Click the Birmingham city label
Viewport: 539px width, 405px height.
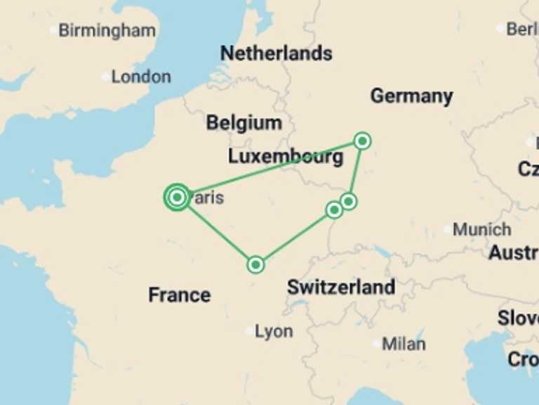pos(107,30)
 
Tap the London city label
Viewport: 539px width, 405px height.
pos(140,77)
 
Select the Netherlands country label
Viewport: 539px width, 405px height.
pos(276,53)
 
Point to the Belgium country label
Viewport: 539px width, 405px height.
pos(244,123)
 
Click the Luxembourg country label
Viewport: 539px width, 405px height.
pos(286,156)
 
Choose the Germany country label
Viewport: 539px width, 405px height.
pos(411,96)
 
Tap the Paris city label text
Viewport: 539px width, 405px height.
pos(208,198)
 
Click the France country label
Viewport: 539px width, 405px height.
pos(179,295)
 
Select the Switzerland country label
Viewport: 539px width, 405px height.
pos(340,287)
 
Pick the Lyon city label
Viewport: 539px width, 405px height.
pos(274,331)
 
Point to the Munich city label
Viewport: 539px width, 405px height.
pos(481,229)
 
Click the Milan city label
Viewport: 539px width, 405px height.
pos(404,344)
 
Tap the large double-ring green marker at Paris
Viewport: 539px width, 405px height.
pos(177,198)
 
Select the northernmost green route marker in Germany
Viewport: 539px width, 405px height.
pos(362,141)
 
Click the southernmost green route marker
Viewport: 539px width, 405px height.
pos(255,264)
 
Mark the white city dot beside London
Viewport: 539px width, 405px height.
pos(105,77)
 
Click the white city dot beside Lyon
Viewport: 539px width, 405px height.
pos(250,330)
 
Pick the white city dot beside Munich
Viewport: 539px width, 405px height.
pos(447,229)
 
